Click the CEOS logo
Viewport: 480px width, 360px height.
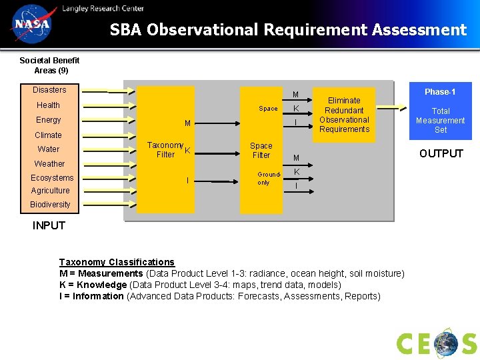tap(437, 343)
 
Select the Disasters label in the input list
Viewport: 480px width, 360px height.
tap(49, 90)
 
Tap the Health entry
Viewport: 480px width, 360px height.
tap(48, 105)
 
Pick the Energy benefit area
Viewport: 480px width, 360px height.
tap(48, 120)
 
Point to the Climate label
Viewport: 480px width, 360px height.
tap(48, 135)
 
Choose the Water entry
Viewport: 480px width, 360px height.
tap(48, 149)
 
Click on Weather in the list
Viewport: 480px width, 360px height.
tap(49, 164)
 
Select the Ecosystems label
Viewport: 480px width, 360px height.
tap(52, 178)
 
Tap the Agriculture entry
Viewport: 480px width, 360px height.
tap(50, 191)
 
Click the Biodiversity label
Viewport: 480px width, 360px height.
tap(50, 205)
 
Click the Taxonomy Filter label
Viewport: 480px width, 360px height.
tap(165, 150)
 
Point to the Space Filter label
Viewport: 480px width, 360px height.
tap(261, 151)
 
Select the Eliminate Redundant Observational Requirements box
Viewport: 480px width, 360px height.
tap(344, 115)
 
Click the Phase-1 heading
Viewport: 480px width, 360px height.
tap(440, 92)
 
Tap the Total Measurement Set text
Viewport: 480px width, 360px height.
tap(440, 121)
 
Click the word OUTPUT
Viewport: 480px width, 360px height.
tap(441, 154)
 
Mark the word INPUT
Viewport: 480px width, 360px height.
tap(49, 225)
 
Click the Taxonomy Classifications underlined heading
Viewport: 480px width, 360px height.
tap(117, 262)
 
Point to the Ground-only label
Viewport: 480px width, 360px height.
tap(264, 178)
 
